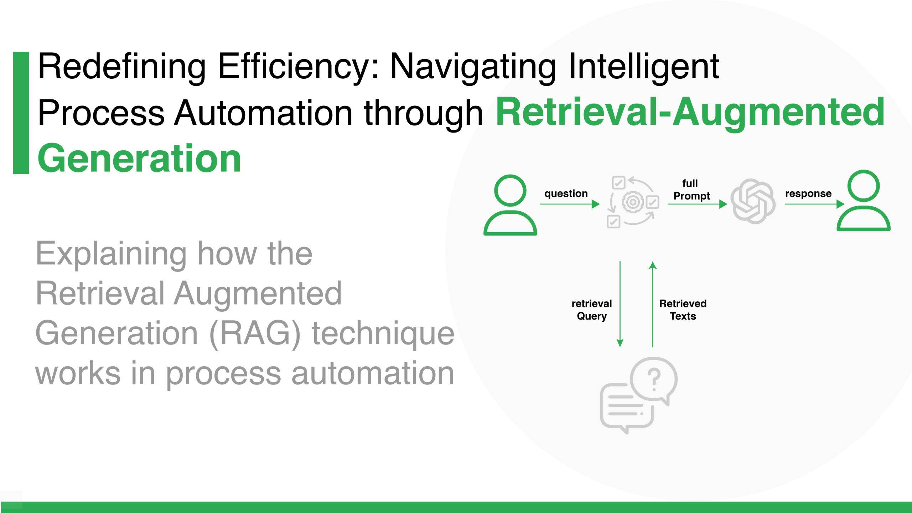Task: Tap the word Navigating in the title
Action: tap(473, 67)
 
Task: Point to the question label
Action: tap(566, 193)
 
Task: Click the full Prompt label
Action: tap(691, 190)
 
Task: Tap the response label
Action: tap(808, 193)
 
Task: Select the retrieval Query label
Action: tap(591, 310)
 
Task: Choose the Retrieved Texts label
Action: tap(683, 310)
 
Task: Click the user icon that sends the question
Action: tap(510, 205)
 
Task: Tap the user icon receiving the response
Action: tap(863, 201)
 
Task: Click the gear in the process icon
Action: tap(633, 202)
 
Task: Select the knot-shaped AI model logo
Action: tap(753, 201)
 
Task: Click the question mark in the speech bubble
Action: tap(654, 380)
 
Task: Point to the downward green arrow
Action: tap(620, 304)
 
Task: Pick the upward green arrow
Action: tap(653, 304)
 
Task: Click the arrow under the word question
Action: tap(570, 204)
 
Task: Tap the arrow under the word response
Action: tap(815, 204)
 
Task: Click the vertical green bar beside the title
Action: tap(21, 113)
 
